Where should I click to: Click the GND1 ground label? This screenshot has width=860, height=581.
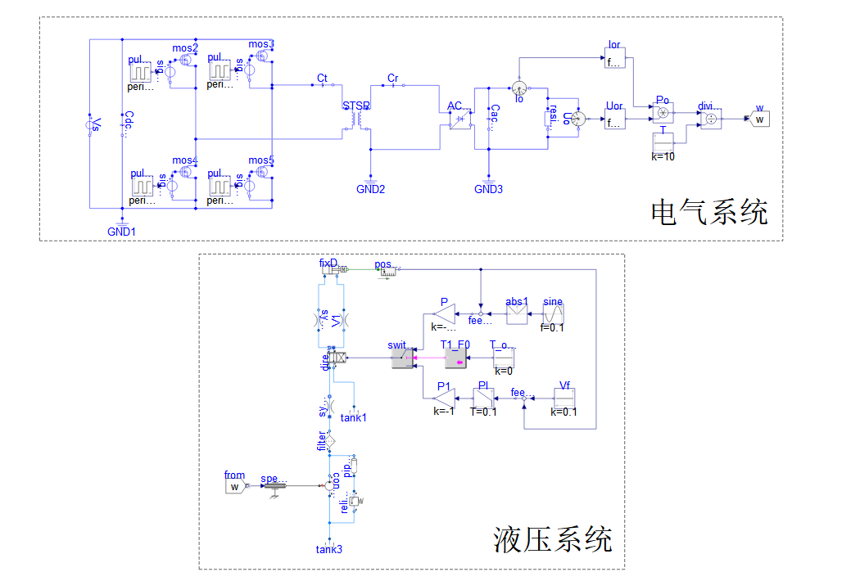[x=122, y=232]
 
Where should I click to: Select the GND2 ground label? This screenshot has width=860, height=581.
[x=369, y=189]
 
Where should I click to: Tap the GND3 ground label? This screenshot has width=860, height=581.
[x=489, y=189]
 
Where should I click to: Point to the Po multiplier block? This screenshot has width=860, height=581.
[x=663, y=112]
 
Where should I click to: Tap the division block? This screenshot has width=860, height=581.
[x=710, y=119]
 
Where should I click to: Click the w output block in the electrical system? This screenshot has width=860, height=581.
[x=760, y=119]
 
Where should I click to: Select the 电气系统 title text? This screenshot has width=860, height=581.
[x=709, y=212]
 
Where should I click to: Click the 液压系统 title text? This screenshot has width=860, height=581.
[x=553, y=539]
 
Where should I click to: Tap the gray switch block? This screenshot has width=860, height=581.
[x=402, y=358]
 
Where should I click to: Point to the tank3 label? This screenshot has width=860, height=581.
[x=329, y=548]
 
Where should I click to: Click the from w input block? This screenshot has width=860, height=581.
[x=234, y=487]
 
